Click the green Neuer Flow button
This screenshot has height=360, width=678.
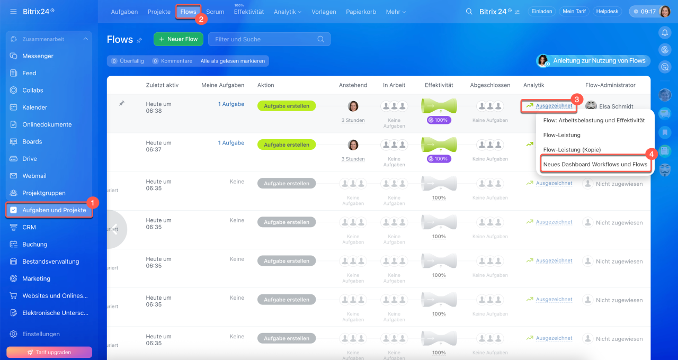pyautogui.click(x=179, y=39)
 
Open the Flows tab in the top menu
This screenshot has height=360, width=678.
pyautogui.click(x=188, y=12)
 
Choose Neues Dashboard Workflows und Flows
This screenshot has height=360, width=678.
pyautogui.click(x=595, y=165)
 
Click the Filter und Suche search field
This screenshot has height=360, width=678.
pyautogui.click(x=265, y=39)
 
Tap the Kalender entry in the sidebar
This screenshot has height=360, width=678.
pyautogui.click(x=35, y=107)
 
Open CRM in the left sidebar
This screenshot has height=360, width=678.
pyautogui.click(x=29, y=227)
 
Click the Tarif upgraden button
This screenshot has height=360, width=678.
pyautogui.click(x=49, y=352)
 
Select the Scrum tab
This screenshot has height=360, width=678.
pyautogui.click(x=215, y=12)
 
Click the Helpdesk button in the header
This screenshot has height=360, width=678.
pyautogui.click(x=607, y=11)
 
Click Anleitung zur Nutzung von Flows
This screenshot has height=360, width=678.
pyautogui.click(x=599, y=61)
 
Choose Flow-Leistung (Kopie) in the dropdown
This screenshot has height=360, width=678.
pyautogui.click(x=572, y=150)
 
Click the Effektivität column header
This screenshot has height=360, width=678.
pyautogui.click(x=439, y=85)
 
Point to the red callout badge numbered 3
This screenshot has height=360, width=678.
pyautogui.click(x=578, y=99)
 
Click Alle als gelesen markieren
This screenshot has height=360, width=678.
pyautogui.click(x=233, y=61)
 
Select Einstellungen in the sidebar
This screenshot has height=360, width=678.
pyautogui.click(x=41, y=334)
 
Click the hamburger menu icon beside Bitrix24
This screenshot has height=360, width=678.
pyautogui.click(x=13, y=11)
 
